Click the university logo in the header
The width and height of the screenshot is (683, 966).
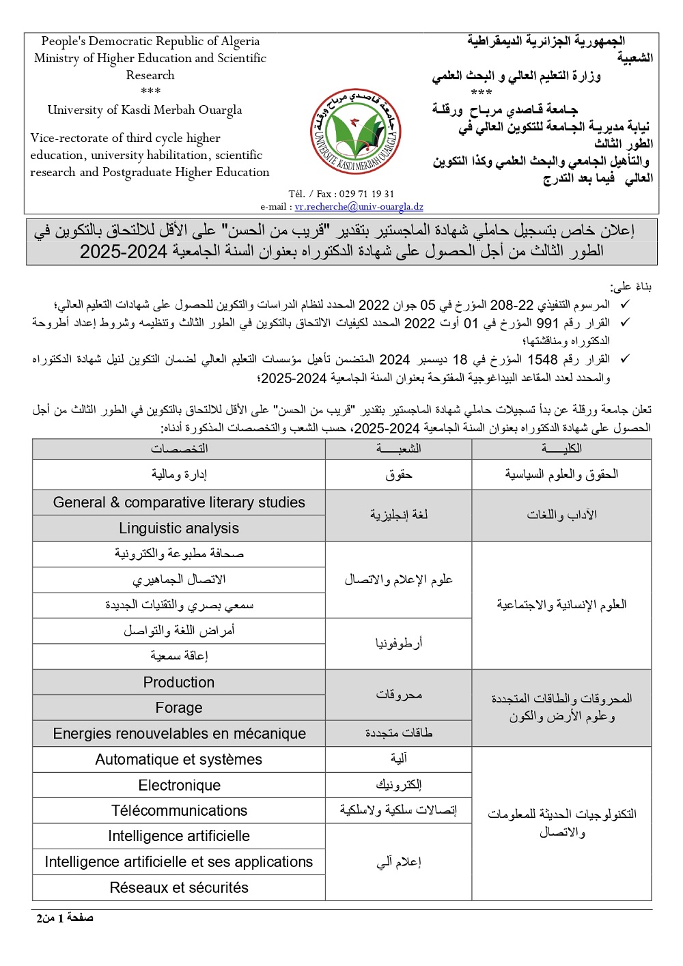pos(356,132)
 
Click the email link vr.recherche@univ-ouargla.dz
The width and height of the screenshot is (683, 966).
pos(359,207)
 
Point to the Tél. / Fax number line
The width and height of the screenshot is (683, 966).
pos(341,194)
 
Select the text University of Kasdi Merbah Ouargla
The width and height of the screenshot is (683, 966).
pos(145,110)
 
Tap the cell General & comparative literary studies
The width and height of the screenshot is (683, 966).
pos(179,502)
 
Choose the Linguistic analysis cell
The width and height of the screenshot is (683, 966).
pos(179,528)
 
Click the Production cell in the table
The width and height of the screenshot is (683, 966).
pos(179,682)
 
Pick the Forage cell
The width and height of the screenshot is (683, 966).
pos(179,708)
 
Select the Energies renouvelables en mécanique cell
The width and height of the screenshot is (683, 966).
pos(179,734)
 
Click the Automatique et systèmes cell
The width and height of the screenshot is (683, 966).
pos(179,759)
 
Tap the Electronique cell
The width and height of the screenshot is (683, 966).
pos(179,785)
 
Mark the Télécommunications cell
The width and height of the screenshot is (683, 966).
pos(179,810)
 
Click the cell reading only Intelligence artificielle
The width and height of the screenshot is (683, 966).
pos(179,836)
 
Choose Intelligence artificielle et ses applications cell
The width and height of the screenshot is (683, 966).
pos(179,862)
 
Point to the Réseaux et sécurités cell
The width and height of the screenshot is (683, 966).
pos(179,887)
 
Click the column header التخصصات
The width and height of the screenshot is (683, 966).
pos(179,449)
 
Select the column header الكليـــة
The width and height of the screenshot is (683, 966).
pos(561,449)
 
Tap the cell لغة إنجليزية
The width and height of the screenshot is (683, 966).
pos(398,515)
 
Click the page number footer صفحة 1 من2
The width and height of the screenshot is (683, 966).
pos(65,918)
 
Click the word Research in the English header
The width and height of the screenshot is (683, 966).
pos(150,75)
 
